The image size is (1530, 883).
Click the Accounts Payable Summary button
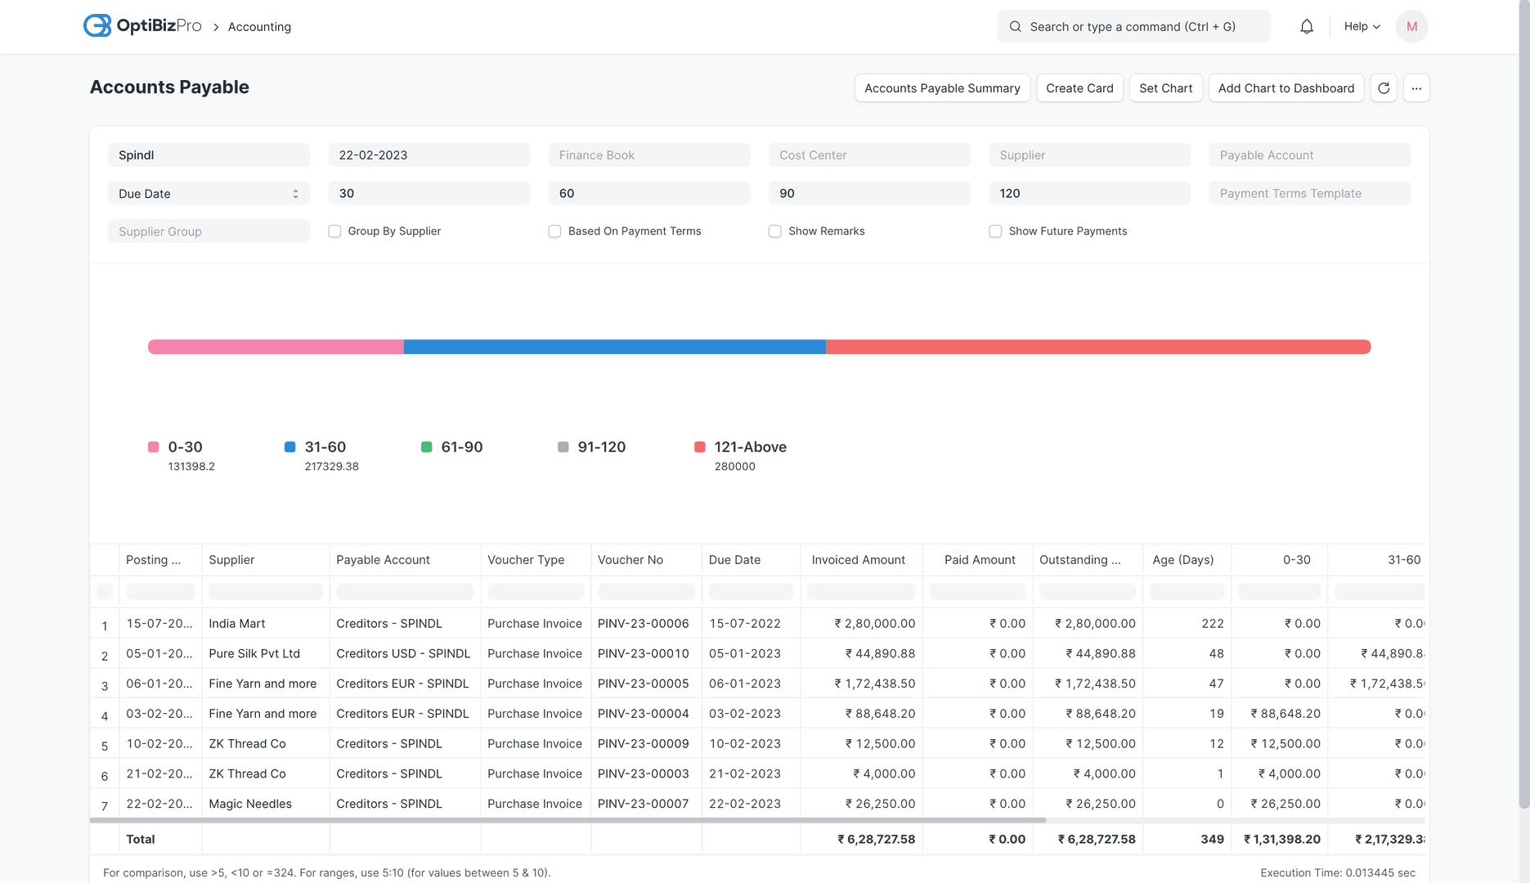click(x=942, y=88)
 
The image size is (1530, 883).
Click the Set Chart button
click(x=1165, y=88)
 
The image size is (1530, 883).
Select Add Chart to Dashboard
click(x=1285, y=88)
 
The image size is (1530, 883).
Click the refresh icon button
click(x=1384, y=88)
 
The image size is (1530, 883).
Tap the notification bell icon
click(x=1307, y=27)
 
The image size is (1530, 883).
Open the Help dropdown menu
click(x=1362, y=27)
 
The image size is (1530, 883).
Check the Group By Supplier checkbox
click(x=334, y=231)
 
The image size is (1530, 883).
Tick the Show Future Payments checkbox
click(x=995, y=231)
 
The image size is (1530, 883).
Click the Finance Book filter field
click(x=648, y=155)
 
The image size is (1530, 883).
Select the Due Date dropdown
click(x=209, y=194)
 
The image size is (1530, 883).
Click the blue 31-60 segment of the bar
click(x=614, y=347)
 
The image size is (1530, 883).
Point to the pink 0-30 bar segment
click(x=276, y=347)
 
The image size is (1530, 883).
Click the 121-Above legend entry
click(x=740, y=447)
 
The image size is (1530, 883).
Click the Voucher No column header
click(x=630, y=560)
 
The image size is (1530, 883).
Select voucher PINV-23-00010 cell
click(x=643, y=653)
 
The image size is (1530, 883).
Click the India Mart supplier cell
click(x=237, y=623)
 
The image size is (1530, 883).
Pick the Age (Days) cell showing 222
click(x=1212, y=623)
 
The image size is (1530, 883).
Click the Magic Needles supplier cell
click(x=250, y=804)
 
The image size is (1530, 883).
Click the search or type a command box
click(x=1133, y=27)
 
